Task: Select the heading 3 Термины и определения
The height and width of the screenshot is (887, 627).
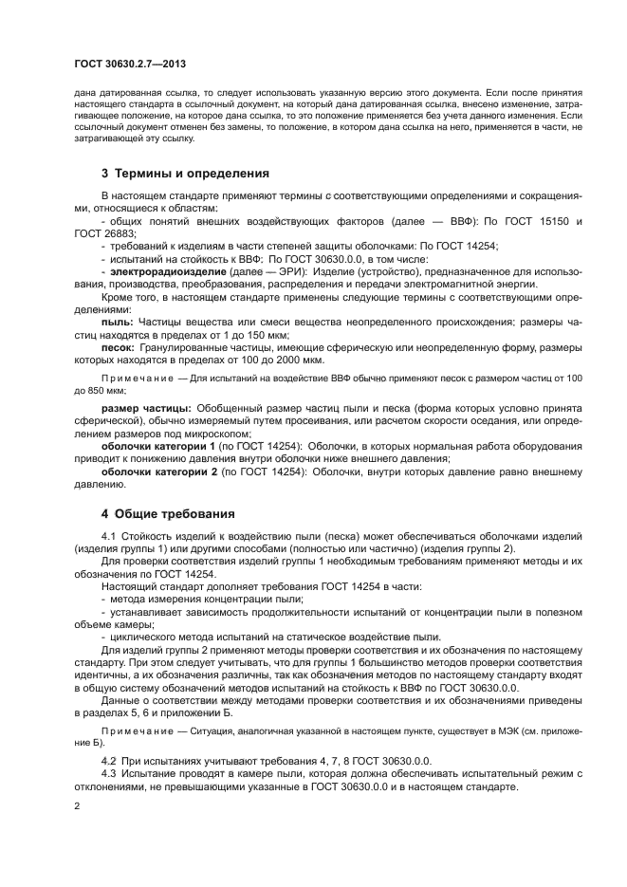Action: [x=172, y=174]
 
